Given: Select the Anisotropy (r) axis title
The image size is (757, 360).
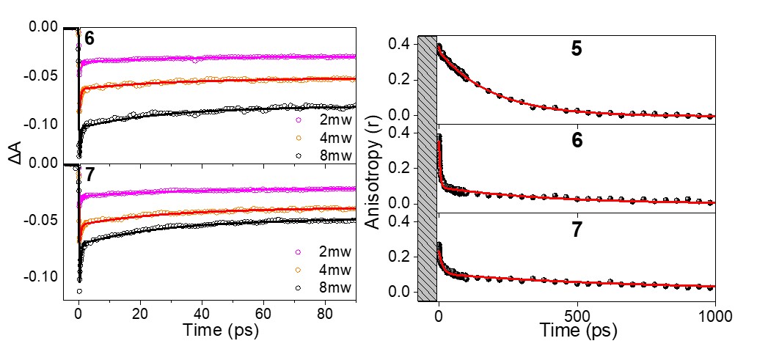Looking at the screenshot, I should click(373, 173).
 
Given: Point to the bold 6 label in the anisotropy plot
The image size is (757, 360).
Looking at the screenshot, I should click(577, 141).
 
